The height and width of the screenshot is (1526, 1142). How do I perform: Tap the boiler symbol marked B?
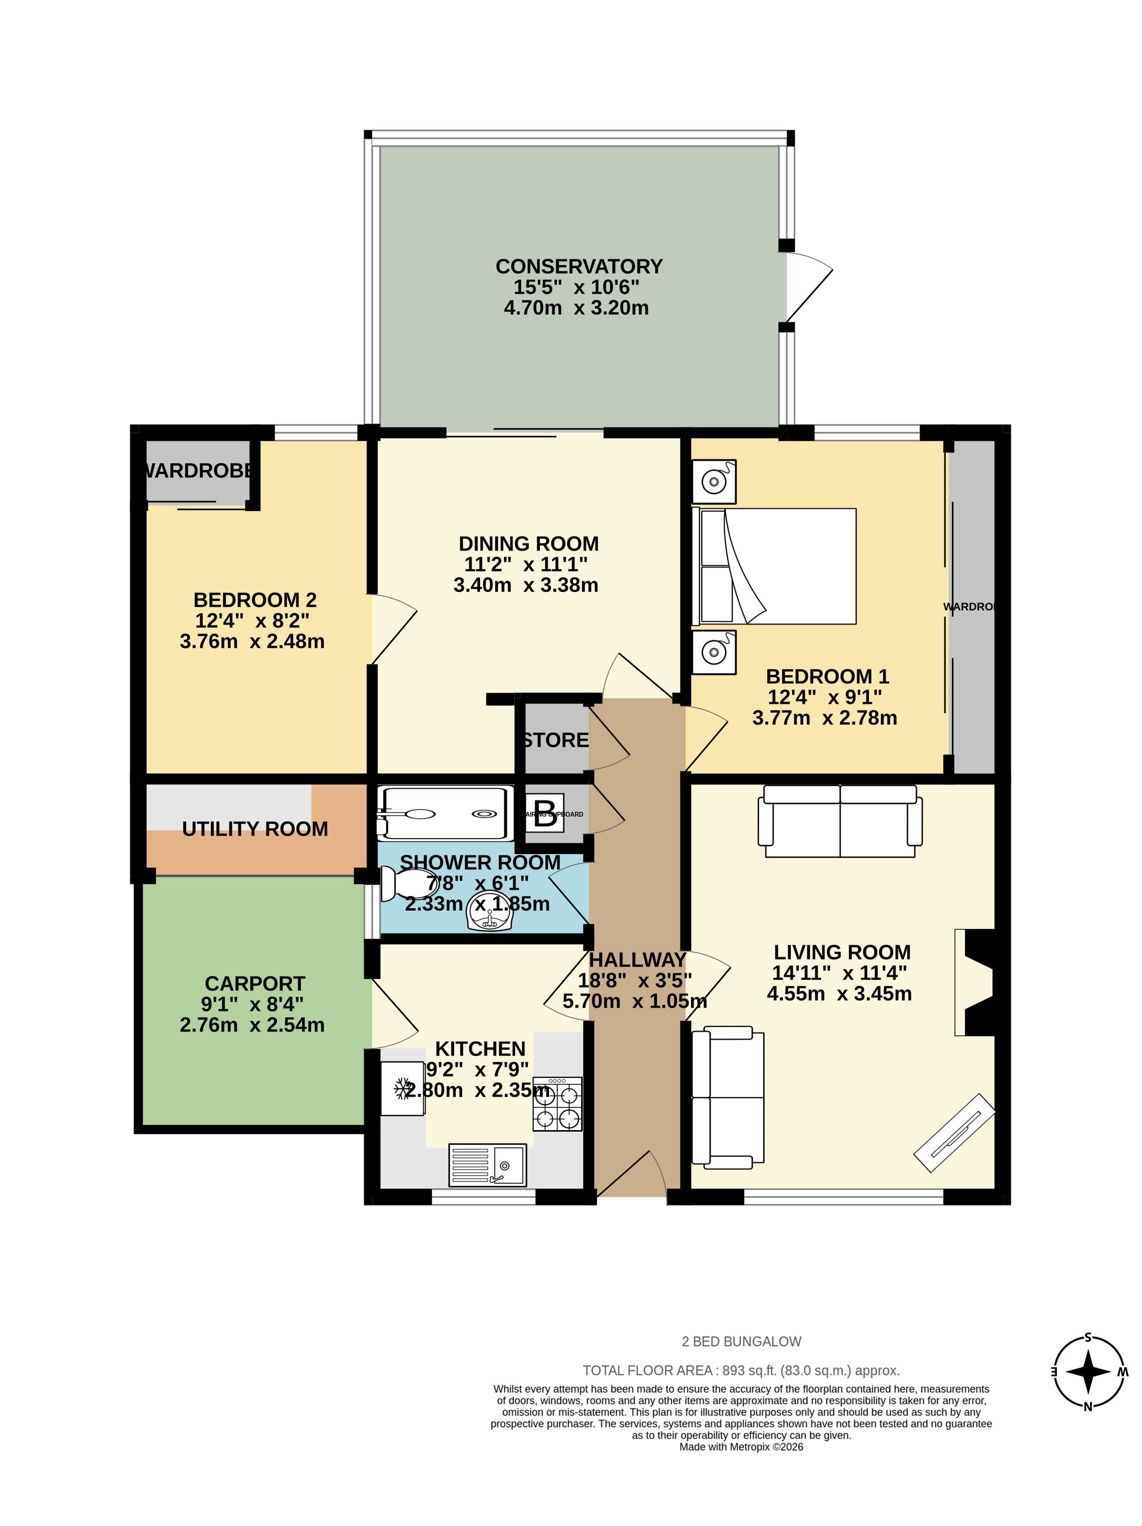tap(545, 814)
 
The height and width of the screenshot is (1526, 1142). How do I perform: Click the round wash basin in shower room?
tap(489, 912)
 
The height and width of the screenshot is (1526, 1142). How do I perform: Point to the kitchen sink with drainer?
tap(487, 1165)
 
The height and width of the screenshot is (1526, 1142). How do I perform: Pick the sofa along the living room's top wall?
tap(840, 821)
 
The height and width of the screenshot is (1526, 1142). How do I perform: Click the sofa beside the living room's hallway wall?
tap(728, 1097)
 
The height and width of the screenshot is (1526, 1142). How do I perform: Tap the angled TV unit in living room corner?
tap(954, 1132)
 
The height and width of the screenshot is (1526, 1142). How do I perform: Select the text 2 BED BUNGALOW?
tap(741, 1341)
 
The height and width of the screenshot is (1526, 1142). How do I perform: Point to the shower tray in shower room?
tap(445, 814)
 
